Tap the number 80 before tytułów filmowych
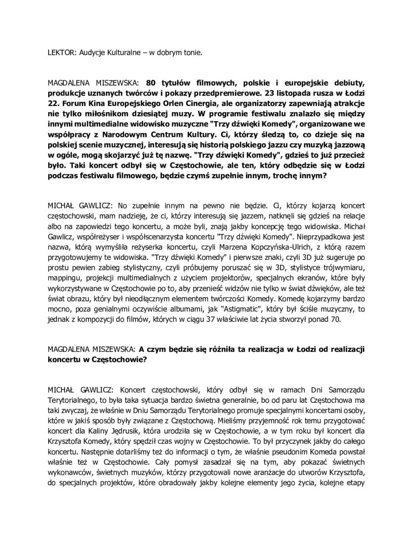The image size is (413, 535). coord(151,83)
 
